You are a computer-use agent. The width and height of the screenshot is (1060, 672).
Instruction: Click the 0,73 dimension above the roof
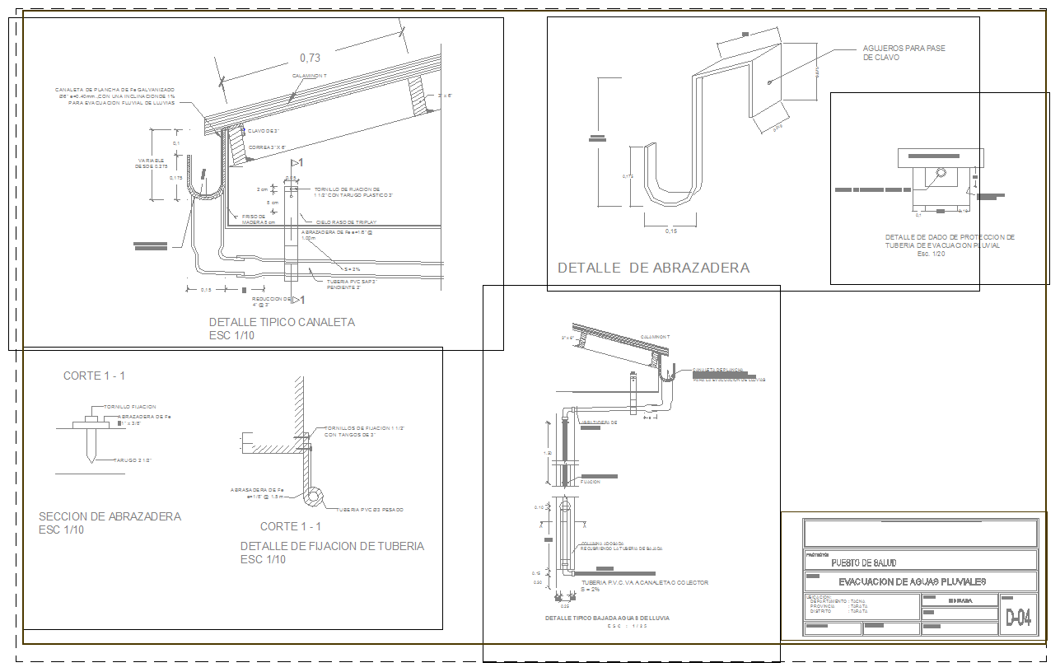(x=310, y=58)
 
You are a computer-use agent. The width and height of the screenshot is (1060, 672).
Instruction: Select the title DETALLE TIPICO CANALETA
(x=282, y=322)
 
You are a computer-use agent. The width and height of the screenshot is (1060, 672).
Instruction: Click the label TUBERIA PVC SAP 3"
(x=352, y=281)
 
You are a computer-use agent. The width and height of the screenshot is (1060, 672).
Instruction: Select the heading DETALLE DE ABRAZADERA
(x=653, y=268)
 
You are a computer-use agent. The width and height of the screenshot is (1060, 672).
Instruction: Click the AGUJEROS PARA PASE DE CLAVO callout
(x=904, y=53)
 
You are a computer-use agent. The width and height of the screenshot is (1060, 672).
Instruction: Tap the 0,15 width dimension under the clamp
(x=670, y=231)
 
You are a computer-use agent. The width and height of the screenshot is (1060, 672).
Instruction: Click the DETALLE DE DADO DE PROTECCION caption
(x=950, y=241)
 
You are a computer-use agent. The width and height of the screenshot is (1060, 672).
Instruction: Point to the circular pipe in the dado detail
(x=941, y=174)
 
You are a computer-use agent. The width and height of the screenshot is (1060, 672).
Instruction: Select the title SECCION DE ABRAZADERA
(x=110, y=516)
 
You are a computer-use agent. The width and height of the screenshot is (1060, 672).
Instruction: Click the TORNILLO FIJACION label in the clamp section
(x=129, y=407)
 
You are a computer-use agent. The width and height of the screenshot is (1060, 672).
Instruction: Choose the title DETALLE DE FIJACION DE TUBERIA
(x=332, y=546)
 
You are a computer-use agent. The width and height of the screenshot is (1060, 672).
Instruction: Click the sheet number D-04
(x=1018, y=618)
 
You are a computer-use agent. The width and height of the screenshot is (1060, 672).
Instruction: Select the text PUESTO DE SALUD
(x=864, y=563)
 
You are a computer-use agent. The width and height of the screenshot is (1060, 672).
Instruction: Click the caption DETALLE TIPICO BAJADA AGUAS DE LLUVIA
(x=606, y=618)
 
